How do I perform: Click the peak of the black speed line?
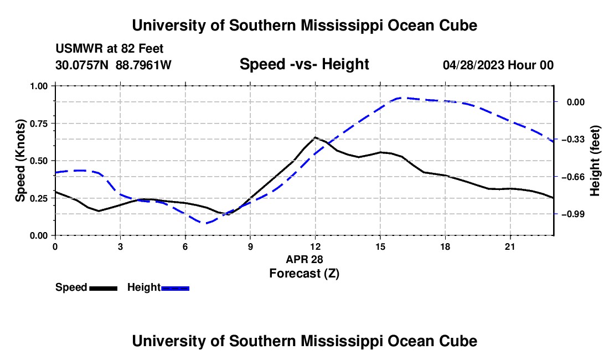pos(315,137)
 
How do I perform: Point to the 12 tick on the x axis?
pos(316,246)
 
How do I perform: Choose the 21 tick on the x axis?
pos(510,246)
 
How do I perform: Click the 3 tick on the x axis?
pos(120,246)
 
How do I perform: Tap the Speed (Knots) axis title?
pos(20,161)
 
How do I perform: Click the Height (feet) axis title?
pos(595,161)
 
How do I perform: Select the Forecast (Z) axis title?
pos(304,274)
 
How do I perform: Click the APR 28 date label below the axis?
pos(304,259)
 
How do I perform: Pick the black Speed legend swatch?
pos(103,288)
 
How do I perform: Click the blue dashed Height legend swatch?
pos(175,288)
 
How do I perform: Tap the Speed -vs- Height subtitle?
pos(304,64)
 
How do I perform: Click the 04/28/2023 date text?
pos(473,65)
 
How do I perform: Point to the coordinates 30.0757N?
pos(82,65)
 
